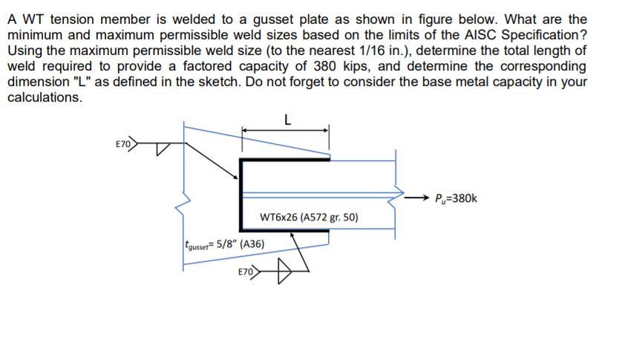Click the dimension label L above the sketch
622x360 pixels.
(x=287, y=117)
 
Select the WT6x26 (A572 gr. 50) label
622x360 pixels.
(x=310, y=218)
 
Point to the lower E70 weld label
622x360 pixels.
(x=247, y=272)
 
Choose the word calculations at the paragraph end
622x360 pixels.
(x=44, y=98)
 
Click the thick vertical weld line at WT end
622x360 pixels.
(x=240, y=194)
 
